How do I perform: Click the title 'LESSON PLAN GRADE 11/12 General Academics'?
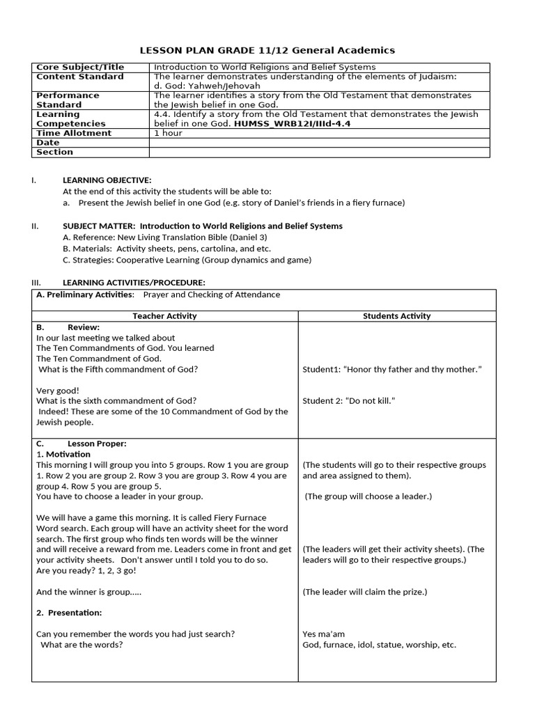[267, 50]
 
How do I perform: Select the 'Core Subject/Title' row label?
[76, 68]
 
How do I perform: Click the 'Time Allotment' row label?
[74, 133]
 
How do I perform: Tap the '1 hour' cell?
[168, 133]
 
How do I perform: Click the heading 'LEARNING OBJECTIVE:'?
[107, 180]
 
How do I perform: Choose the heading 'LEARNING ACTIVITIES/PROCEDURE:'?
[134, 283]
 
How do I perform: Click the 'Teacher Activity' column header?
[164, 316]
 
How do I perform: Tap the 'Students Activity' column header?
[396, 316]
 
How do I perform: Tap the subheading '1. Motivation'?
[60, 455]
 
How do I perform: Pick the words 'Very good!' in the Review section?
[58, 391]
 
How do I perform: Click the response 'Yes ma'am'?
[323, 634]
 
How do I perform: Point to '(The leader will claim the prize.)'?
[364, 592]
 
